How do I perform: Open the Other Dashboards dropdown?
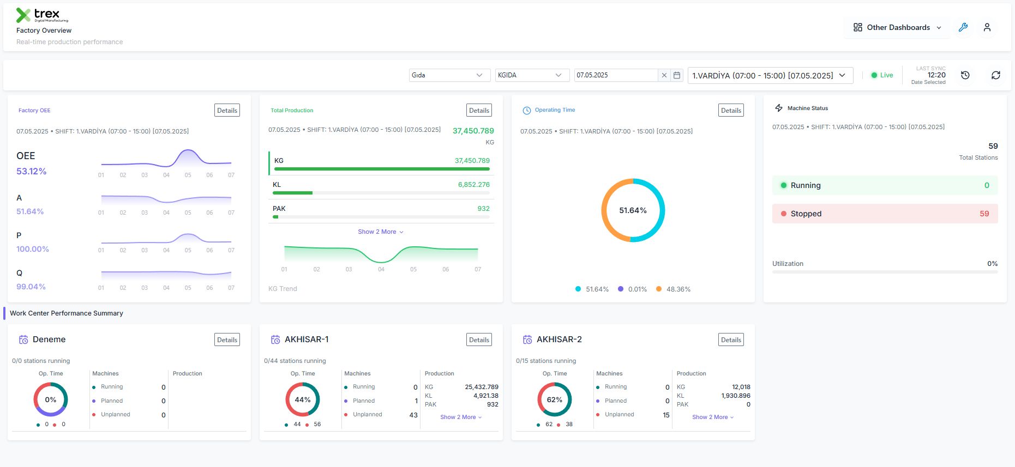click(x=897, y=27)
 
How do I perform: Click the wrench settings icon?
click(x=963, y=27)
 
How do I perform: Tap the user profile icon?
click(x=987, y=27)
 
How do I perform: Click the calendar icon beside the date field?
click(x=677, y=75)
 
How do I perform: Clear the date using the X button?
click(x=664, y=75)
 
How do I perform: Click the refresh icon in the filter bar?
click(x=996, y=75)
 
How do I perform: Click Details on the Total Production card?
click(x=479, y=111)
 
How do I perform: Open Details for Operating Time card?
click(x=731, y=111)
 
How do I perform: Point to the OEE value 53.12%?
click(x=31, y=171)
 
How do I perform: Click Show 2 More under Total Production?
click(x=381, y=232)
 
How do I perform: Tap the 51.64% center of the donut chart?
click(x=633, y=210)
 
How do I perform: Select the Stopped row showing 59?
click(x=885, y=214)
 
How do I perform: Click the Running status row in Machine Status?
click(x=885, y=185)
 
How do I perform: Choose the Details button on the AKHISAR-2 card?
click(x=731, y=340)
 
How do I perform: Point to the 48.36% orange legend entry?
click(x=674, y=289)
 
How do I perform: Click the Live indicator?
click(x=882, y=75)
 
